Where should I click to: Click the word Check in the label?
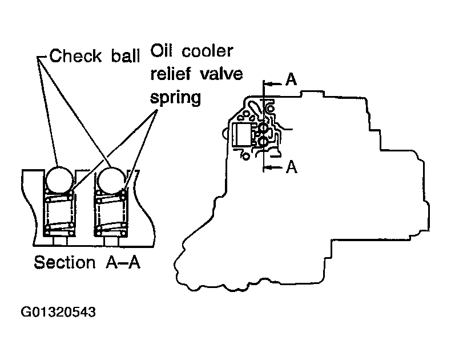click(x=75, y=56)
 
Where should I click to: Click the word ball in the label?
click(x=126, y=55)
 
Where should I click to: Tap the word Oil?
click(x=162, y=51)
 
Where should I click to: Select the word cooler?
click(x=207, y=51)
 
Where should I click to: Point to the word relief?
click(x=171, y=74)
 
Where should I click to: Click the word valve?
click(x=221, y=74)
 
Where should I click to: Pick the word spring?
click(x=175, y=98)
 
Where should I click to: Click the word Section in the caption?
click(x=65, y=262)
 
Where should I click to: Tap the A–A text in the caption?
click(x=123, y=262)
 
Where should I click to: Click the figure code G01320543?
click(x=58, y=312)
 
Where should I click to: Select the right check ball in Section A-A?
click(x=110, y=181)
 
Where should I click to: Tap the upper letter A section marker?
click(x=291, y=79)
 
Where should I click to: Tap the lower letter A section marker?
click(x=291, y=166)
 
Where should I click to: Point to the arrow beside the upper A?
click(x=272, y=84)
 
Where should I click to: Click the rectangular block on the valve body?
click(x=243, y=135)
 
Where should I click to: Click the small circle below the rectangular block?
click(x=245, y=157)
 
